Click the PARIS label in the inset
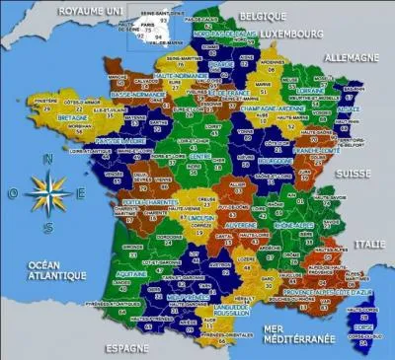146,21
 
